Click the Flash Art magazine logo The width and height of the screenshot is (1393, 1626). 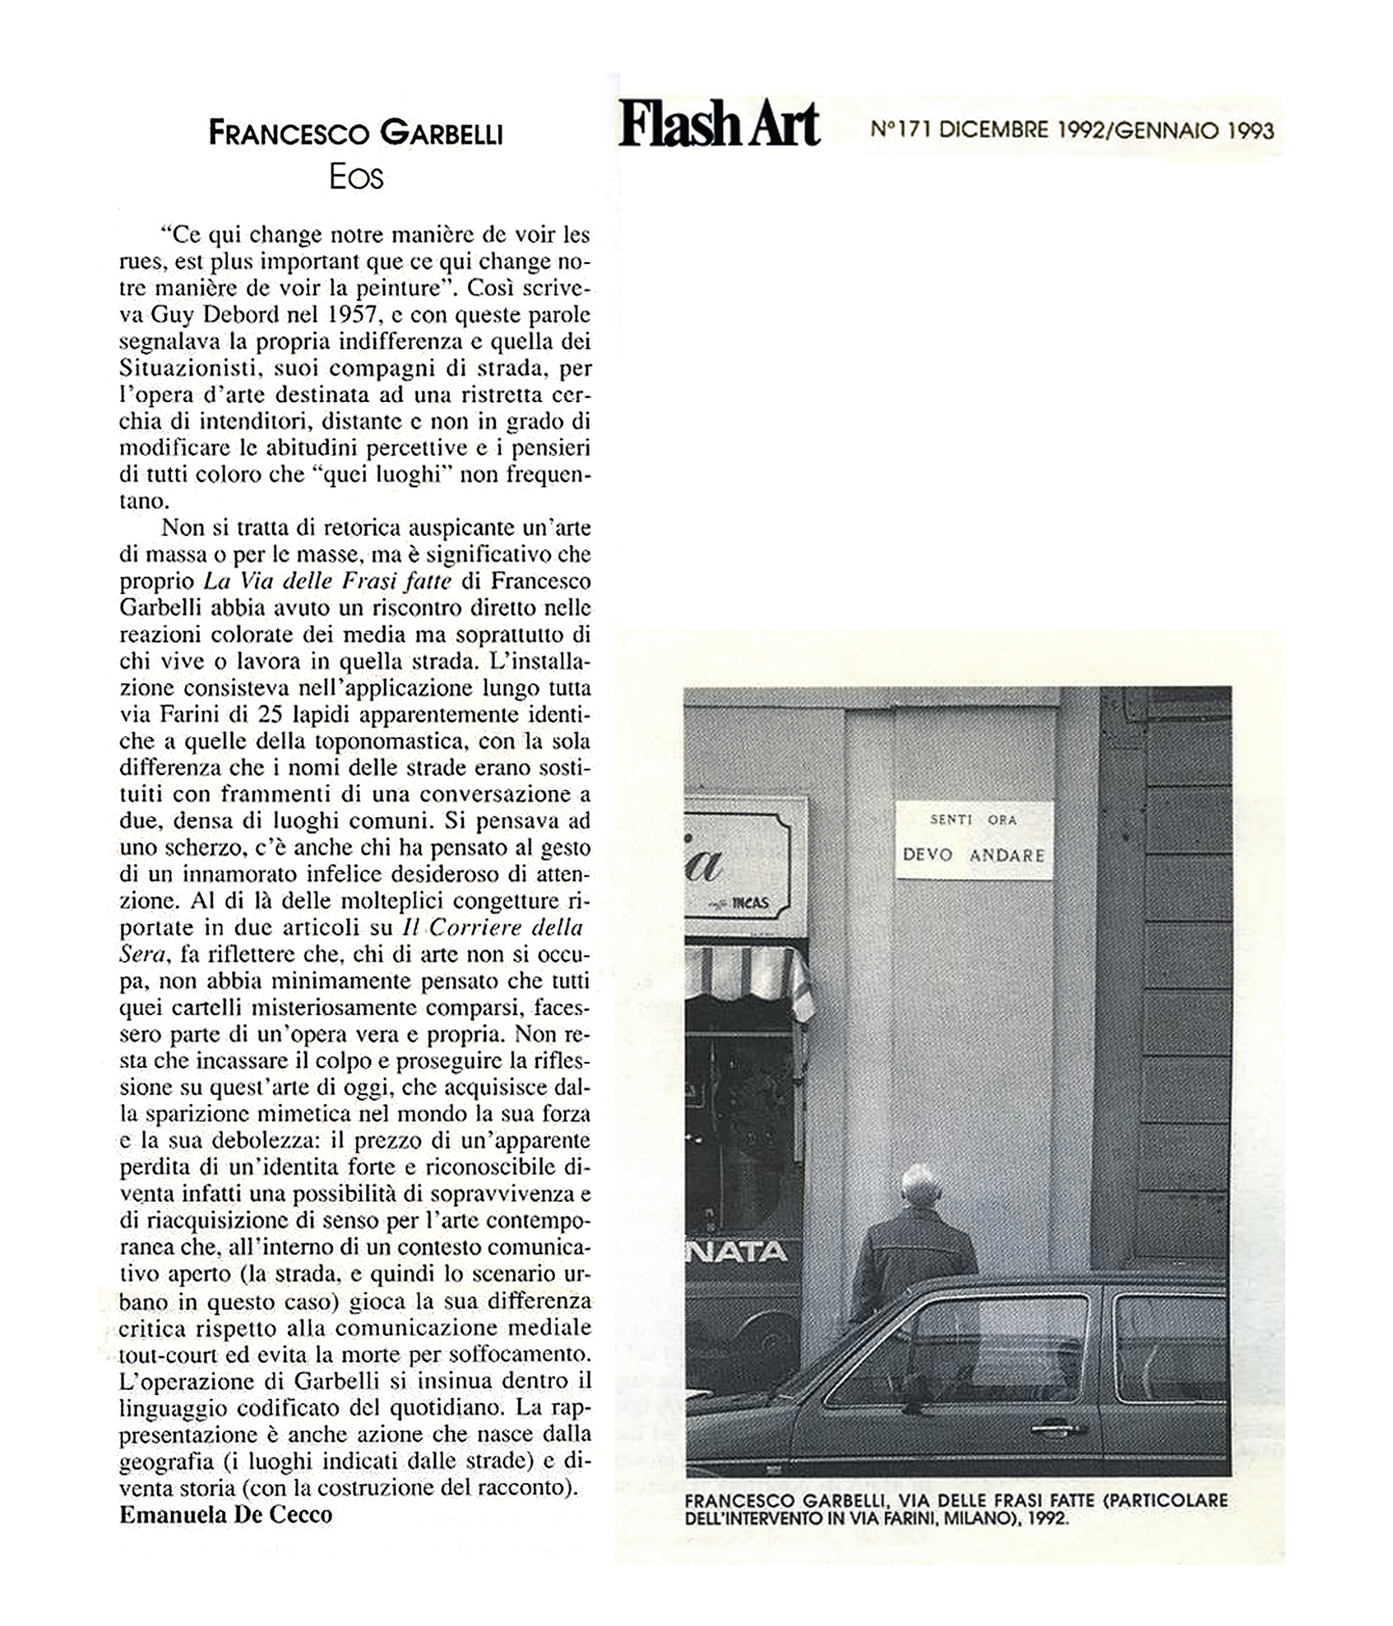pos(719,125)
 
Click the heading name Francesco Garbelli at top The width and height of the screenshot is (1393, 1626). pos(355,133)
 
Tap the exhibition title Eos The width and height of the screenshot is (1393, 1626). pos(356,178)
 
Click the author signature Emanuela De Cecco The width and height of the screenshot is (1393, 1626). pos(225,1514)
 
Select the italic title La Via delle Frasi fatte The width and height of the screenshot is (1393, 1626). pos(327,581)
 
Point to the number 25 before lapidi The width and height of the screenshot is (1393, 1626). pos(271,714)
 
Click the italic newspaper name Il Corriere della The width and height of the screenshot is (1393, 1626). pos(492,927)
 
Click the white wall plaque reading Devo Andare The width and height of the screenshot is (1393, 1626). pos(974,839)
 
